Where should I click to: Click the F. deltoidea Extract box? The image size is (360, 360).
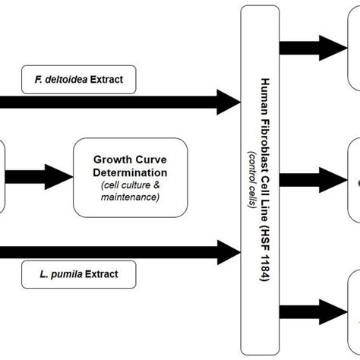(79, 80)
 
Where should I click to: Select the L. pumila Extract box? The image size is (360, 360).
(79, 274)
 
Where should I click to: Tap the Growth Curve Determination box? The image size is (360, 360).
(131, 178)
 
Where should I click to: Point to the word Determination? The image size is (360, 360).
(130, 172)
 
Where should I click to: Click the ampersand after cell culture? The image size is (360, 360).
(156, 185)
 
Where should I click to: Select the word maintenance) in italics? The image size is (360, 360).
(130, 197)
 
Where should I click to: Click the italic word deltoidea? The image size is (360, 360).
(66, 80)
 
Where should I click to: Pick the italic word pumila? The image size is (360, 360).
(67, 274)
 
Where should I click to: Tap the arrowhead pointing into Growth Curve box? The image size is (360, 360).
(58, 177)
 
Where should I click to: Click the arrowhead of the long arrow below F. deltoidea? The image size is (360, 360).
(229, 102)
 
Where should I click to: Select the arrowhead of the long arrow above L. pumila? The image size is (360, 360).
(229, 252)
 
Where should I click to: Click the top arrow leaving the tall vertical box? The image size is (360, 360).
(314, 48)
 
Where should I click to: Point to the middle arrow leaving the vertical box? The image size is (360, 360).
(314, 180)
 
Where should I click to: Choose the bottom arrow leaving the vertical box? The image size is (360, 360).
(314, 312)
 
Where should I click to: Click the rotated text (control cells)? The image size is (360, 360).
(253, 180)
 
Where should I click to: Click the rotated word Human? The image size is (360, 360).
(265, 94)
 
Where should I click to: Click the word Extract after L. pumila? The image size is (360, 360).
(102, 274)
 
